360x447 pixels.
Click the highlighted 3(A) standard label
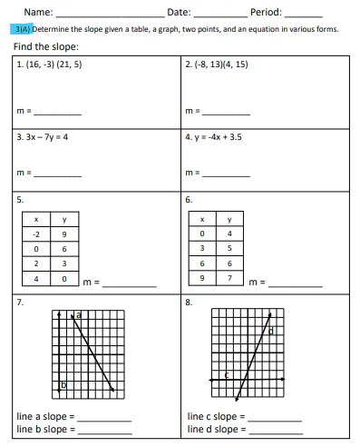[x=23, y=29]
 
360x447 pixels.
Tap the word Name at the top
[x=38, y=13]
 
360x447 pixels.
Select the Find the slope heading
[x=46, y=46]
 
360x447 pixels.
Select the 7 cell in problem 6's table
[x=229, y=276]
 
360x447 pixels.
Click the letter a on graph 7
[x=78, y=314]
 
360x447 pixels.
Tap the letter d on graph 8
[x=270, y=331]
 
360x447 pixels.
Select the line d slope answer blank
[x=274, y=429]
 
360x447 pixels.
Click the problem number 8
[x=188, y=301]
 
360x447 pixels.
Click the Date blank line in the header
[x=220, y=15]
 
